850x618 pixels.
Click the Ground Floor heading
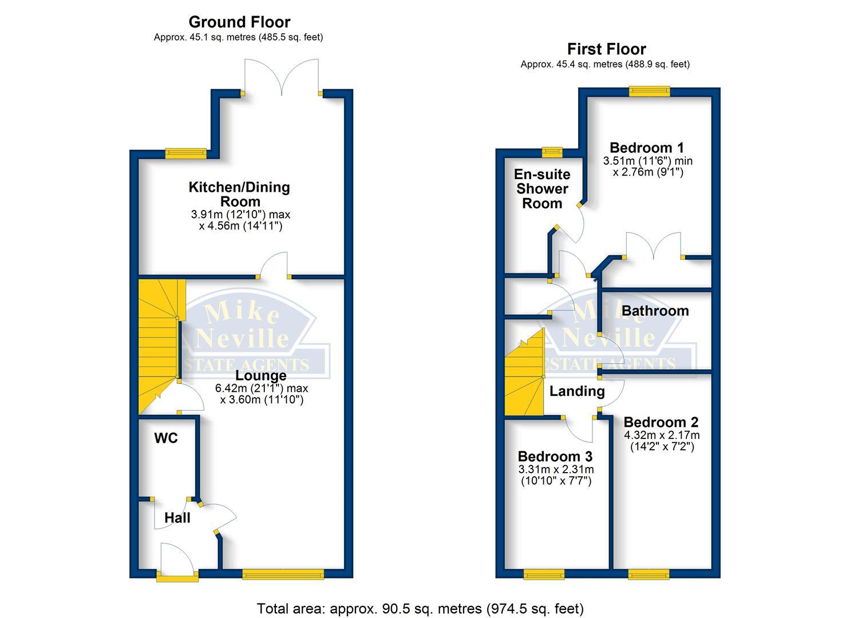[239, 22]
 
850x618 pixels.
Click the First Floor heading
[606, 49]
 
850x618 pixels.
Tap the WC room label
[166, 438]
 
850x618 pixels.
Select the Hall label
[177, 518]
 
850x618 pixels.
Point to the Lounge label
[261, 376]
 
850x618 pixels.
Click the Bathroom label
[655, 311]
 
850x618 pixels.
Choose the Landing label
[577, 391]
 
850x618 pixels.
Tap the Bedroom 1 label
[647, 148]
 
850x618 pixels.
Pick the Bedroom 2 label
[661, 422]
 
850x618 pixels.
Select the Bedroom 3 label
[555, 457]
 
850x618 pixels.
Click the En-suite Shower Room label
[542, 189]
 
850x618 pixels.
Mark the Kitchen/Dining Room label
[240, 194]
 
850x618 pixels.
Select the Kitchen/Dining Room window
[185, 153]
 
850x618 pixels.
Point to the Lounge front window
[283, 574]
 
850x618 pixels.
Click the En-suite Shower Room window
[552, 152]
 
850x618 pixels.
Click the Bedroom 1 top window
[649, 90]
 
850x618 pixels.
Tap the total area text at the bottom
[420, 608]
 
